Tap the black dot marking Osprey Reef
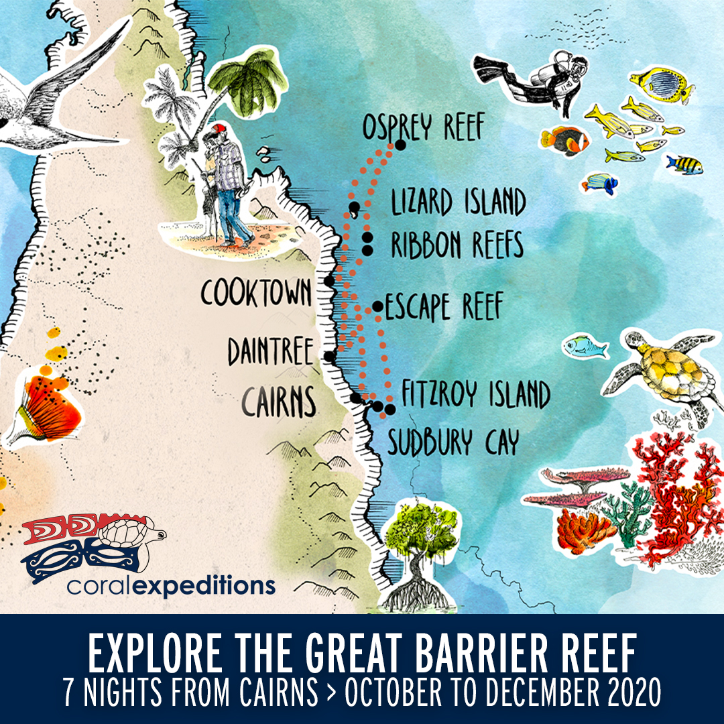click(401, 144)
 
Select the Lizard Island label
click(457, 202)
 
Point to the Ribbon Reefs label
click(457, 245)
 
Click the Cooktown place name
click(257, 293)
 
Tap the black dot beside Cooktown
click(329, 281)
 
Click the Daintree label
click(270, 351)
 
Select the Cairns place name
click(278, 402)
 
